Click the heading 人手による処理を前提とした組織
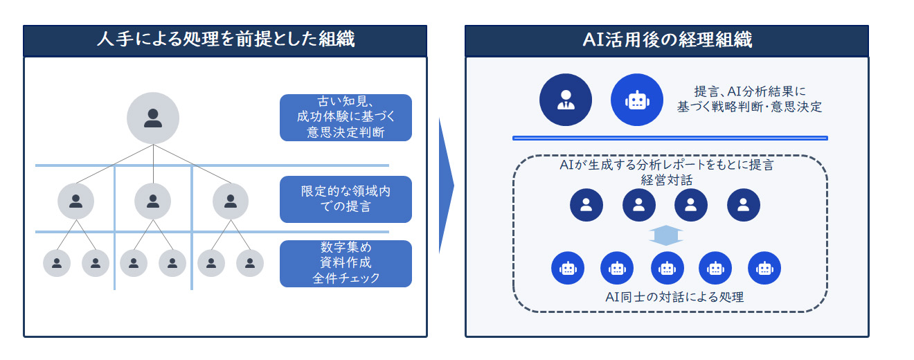(225, 40)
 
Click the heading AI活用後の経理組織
(667, 40)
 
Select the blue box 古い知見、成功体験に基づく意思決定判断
(346, 118)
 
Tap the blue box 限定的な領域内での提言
(346, 199)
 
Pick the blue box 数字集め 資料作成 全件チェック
(346, 264)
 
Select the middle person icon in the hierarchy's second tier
(153, 201)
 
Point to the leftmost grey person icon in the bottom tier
(57, 263)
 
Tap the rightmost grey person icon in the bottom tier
(250, 263)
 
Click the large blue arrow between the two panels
(446, 186)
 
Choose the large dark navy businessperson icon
(566, 100)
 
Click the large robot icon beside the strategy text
(636, 100)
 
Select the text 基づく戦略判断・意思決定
(749, 107)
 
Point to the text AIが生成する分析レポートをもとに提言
(666, 166)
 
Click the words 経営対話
(666, 181)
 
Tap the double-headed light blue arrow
(666, 236)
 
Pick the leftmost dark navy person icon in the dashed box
(586, 205)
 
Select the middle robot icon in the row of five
(667, 268)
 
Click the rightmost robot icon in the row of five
(764, 268)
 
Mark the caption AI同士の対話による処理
(666, 297)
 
